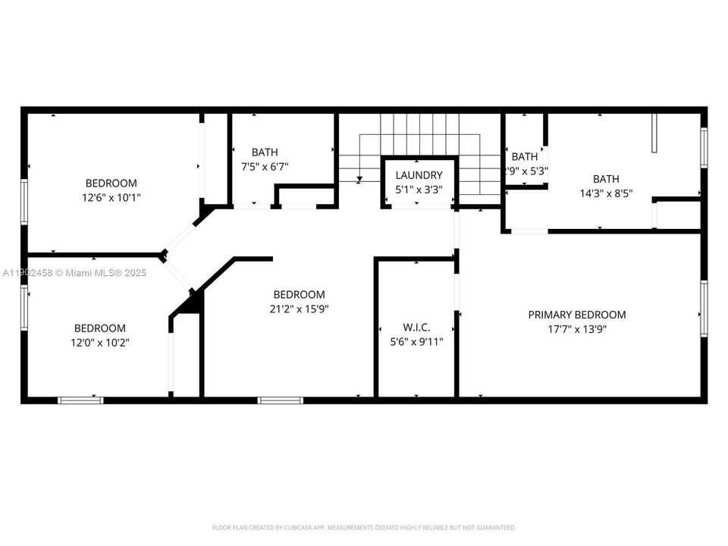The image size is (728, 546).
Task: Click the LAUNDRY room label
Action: (419, 175)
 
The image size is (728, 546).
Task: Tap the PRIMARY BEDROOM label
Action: (577, 315)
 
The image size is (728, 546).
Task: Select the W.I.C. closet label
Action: (416, 327)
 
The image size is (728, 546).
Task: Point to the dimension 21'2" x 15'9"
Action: (299, 309)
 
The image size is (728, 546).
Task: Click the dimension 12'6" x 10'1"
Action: (111, 197)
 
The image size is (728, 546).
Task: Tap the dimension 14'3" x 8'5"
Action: (605, 193)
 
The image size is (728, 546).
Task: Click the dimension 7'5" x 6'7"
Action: (259, 166)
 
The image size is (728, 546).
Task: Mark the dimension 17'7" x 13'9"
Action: (577, 329)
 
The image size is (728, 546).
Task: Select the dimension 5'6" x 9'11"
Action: (416, 341)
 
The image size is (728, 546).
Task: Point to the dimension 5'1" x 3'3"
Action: (419, 190)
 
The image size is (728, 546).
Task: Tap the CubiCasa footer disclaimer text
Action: (363, 527)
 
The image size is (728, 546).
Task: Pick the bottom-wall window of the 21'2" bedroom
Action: (281, 400)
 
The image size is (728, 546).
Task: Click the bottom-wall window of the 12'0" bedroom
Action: (80, 400)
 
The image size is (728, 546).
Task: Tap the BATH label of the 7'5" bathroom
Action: (265, 152)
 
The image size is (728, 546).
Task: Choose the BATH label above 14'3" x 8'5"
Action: (606, 179)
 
